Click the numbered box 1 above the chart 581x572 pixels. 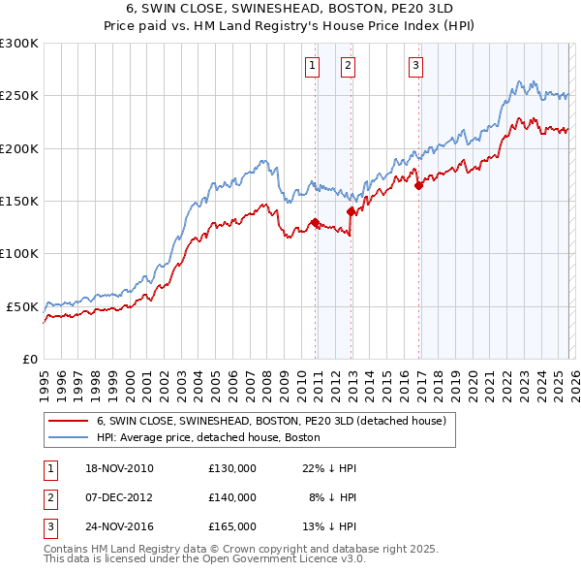pyautogui.click(x=313, y=66)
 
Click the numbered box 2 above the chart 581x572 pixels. pyautogui.click(x=347, y=66)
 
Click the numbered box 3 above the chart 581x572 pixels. pyautogui.click(x=415, y=66)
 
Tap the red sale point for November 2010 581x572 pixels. pyautogui.click(x=315, y=222)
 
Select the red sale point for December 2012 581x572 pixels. pyautogui.click(x=350, y=211)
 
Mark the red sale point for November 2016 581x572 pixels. pyautogui.click(x=418, y=185)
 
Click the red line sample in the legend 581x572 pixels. pyautogui.click(x=68, y=422)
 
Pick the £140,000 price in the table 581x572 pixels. pyautogui.click(x=231, y=496)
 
